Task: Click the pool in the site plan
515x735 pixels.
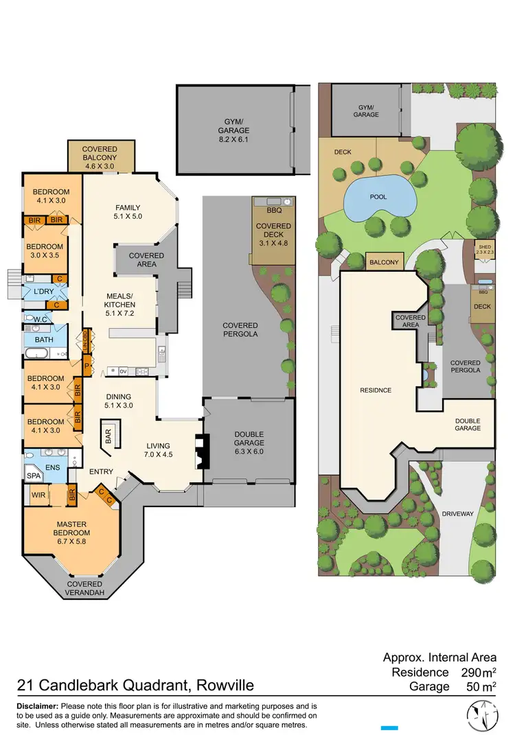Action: pos(379,198)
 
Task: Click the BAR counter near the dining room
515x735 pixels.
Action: pos(108,435)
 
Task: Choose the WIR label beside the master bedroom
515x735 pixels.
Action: pos(38,495)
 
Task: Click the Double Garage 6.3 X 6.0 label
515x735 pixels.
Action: pos(249,438)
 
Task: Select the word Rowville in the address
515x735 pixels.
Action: pos(225,685)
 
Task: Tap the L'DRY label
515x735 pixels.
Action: pos(34,292)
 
